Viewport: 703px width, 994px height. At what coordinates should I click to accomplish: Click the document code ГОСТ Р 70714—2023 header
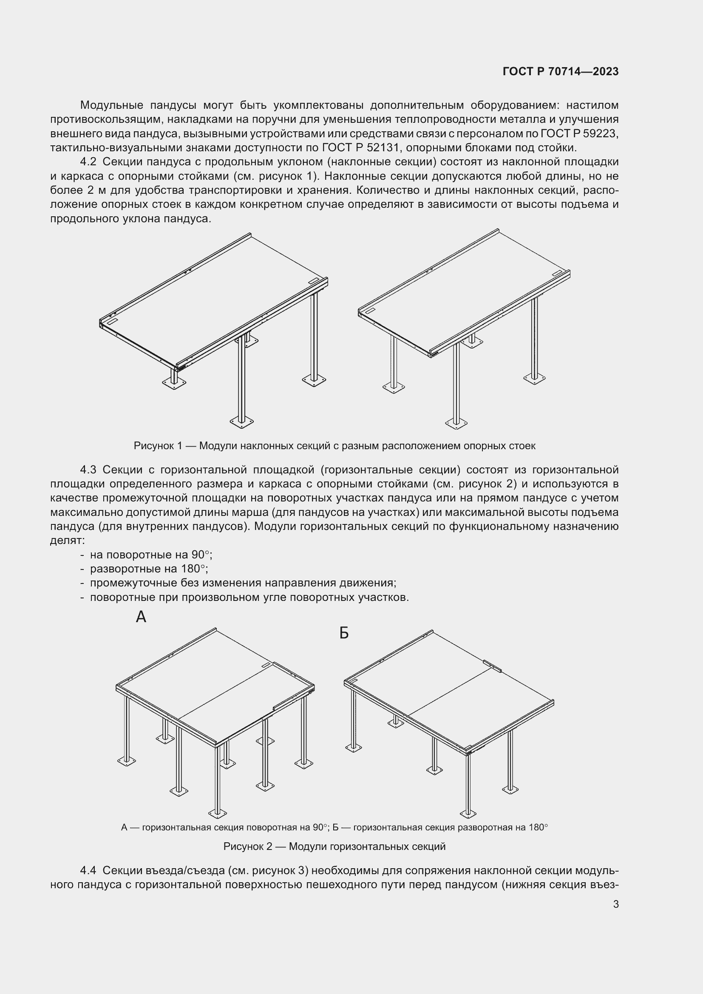pyautogui.click(x=561, y=71)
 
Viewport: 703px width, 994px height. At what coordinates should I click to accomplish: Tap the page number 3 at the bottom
pyautogui.click(x=615, y=904)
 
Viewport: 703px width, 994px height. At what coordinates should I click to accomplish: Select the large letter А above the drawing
pyautogui.click(x=141, y=617)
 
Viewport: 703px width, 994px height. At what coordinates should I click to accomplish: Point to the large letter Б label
pyautogui.click(x=344, y=633)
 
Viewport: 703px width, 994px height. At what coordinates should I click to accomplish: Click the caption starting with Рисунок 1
pyautogui.click(x=334, y=446)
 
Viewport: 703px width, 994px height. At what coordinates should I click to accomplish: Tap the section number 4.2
pyautogui.click(x=88, y=162)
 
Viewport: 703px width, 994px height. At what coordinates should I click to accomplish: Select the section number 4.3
pyautogui.click(x=88, y=470)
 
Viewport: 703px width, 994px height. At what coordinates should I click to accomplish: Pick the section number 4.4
pyautogui.click(x=88, y=871)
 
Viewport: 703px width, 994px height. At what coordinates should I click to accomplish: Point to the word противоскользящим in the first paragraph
pyautogui.click(x=105, y=119)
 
